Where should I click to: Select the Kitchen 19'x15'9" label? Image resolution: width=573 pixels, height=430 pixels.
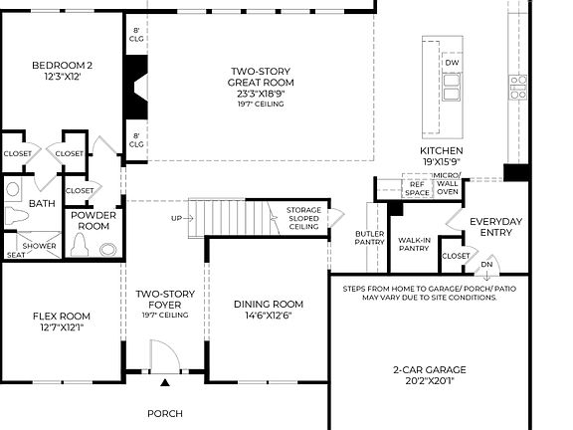[441, 156]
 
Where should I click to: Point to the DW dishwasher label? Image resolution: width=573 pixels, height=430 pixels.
[452, 63]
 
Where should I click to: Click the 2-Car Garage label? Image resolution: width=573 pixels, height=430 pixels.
[429, 374]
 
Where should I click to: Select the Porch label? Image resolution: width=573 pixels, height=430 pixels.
[164, 413]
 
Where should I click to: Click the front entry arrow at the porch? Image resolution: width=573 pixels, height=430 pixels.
[165, 382]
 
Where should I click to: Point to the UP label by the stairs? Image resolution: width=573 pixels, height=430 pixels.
[177, 217]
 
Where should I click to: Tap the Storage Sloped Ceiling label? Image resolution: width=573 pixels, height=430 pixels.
[303, 219]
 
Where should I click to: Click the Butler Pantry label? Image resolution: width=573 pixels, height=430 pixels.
[369, 236]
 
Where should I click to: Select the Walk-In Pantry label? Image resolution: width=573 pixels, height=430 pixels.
[414, 243]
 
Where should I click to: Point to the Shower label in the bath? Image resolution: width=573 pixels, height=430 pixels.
[40, 246]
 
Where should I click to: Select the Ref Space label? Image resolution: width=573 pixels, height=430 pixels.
[416, 186]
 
